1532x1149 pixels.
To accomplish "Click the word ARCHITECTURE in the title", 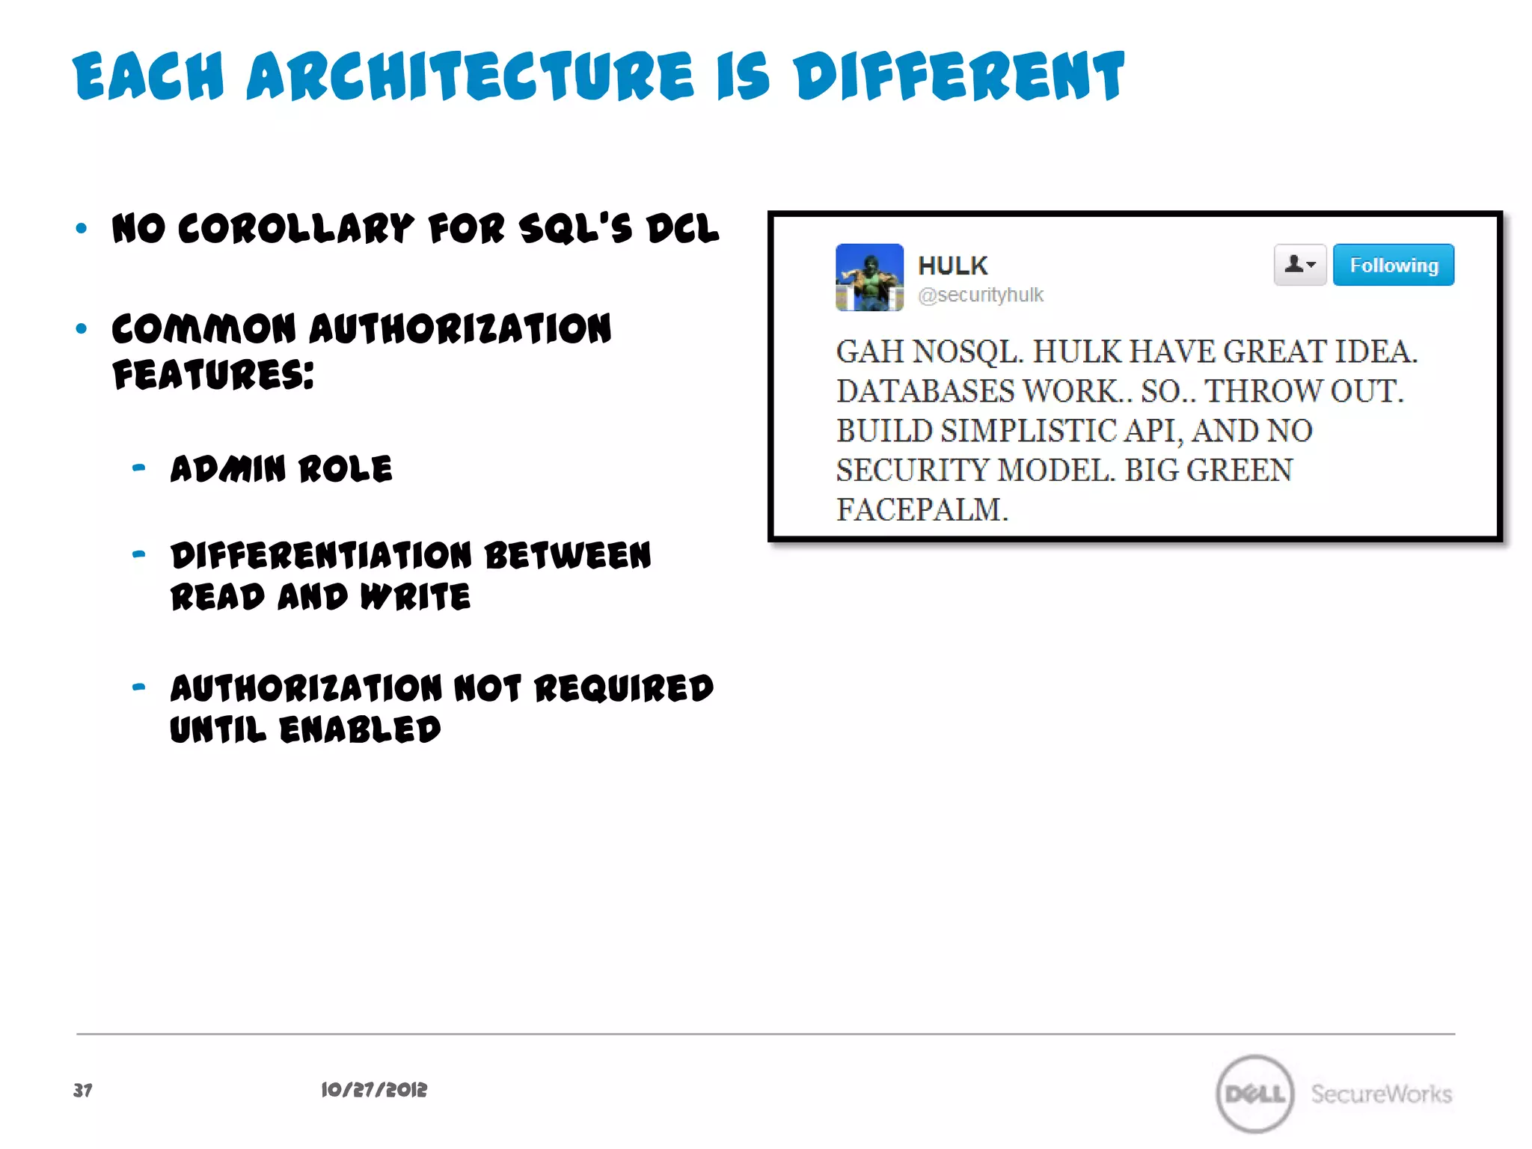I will pyautogui.click(x=470, y=76).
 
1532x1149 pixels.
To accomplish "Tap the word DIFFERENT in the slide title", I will pyautogui.click(x=959, y=76).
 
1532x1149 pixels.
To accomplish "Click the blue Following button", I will pyautogui.click(x=1393, y=265).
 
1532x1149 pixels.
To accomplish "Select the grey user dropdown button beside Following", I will pyautogui.click(x=1299, y=265).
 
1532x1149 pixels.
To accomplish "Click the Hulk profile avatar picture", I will pyautogui.click(x=869, y=277).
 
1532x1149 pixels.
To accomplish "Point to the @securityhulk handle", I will pyautogui.click(x=980, y=295).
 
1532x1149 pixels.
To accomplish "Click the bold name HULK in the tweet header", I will pyautogui.click(x=952, y=266).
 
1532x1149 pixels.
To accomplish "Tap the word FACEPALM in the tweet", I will pyautogui.click(x=922, y=509).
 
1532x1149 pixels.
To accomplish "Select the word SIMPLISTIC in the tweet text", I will pyautogui.click(x=1029, y=431).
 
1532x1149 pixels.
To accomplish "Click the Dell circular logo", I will pyautogui.click(x=1254, y=1094).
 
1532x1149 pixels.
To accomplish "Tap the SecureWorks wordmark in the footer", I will pyautogui.click(x=1381, y=1094).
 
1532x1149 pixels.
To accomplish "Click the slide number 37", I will pyautogui.click(x=83, y=1090).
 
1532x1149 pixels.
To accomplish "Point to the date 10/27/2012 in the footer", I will pyautogui.click(x=374, y=1090).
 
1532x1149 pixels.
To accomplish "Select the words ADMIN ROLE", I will pyautogui.click(x=281, y=469).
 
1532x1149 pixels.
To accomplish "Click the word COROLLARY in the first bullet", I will pyautogui.click(x=295, y=229).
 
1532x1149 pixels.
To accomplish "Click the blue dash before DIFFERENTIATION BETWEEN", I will pyautogui.click(x=138, y=554).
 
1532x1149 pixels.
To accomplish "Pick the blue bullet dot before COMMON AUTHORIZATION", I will pyautogui.click(x=82, y=328).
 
